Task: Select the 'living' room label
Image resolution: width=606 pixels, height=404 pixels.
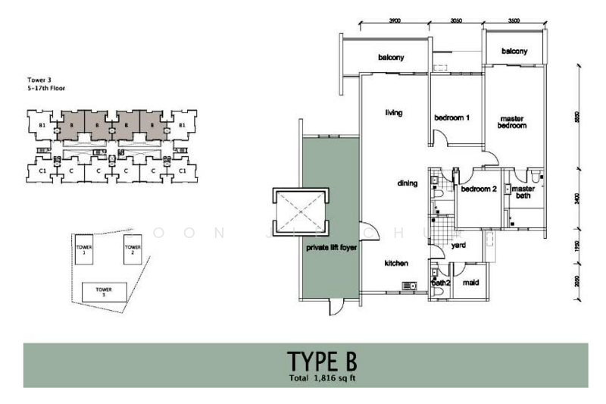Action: point(393,114)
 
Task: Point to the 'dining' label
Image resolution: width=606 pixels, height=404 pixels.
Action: point(408,183)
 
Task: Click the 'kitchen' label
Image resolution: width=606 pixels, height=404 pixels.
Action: point(397,263)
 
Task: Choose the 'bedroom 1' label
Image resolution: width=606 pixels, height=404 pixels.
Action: point(452,118)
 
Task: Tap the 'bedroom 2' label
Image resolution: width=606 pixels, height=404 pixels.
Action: point(478,189)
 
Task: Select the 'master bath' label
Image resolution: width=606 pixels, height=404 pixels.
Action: point(523,193)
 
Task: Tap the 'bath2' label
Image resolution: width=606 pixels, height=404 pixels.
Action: point(441,283)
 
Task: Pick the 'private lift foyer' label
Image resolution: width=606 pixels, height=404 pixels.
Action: point(331,248)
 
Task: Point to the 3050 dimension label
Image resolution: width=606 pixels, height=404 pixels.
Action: point(456,21)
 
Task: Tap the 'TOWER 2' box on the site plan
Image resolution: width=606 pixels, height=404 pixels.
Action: point(133,249)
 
